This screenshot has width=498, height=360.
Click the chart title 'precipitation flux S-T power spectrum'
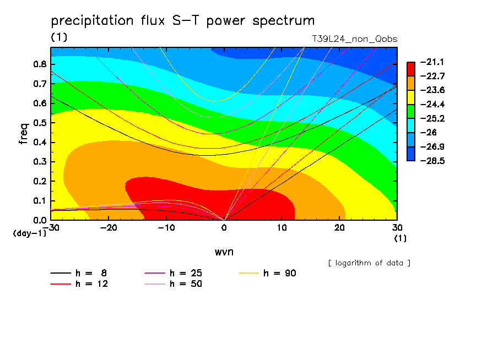[182, 21]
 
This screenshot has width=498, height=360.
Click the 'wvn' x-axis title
[224, 252]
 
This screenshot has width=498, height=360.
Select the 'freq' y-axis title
[23, 133]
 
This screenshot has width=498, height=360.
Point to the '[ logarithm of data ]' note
[369, 263]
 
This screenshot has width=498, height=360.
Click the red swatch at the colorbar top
[411, 68]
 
